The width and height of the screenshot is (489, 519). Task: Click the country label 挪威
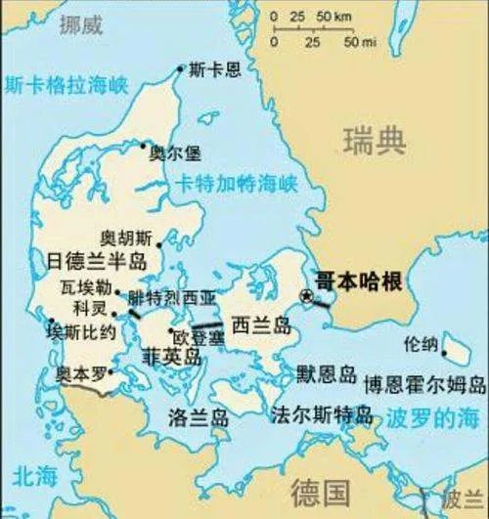pos(82,24)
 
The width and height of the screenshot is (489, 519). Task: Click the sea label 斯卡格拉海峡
pos(66,85)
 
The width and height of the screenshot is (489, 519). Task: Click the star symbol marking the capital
pos(307,295)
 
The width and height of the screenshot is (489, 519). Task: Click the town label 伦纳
pos(422,344)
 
